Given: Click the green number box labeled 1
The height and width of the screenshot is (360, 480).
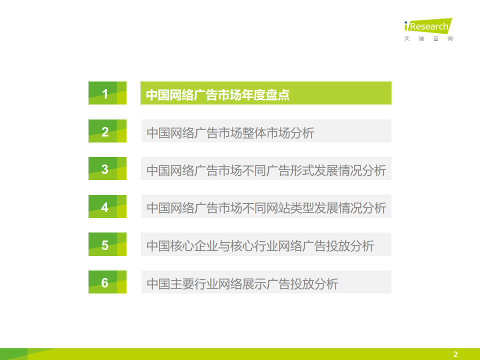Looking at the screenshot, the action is pyautogui.click(x=107, y=93).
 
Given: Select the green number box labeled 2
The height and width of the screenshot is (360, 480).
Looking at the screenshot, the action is pyautogui.click(x=107, y=131).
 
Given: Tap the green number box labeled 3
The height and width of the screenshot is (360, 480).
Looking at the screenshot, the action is pyautogui.click(x=107, y=168).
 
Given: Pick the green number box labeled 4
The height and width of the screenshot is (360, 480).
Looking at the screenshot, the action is pyautogui.click(x=107, y=206).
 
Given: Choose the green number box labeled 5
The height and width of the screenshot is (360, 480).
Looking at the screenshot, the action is pyautogui.click(x=107, y=244).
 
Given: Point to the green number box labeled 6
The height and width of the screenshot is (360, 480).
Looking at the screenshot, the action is pyautogui.click(x=107, y=282).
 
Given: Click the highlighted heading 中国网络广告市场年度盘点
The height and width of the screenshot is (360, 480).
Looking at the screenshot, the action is pyautogui.click(x=217, y=94).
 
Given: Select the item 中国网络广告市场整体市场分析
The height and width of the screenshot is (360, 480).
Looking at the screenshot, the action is pyautogui.click(x=230, y=133).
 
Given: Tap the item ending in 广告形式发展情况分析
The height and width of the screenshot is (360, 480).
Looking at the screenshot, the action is pyautogui.click(x=266, y=170).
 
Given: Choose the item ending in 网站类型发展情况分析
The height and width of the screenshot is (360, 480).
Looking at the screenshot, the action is pyautogui.click(x=266, y=208).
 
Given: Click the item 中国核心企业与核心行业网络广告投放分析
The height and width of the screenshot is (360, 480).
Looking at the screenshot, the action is pyautogui.click(x=260, y=246).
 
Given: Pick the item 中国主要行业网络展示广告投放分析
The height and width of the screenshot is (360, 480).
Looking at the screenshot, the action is pyautogui.click(x=242, y=284).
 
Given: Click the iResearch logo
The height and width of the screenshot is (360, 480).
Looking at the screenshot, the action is pyautogui.click(x=428, y=25).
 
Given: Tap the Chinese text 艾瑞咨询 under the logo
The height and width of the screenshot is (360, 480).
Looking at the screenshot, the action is pyautogui.click(x=428, y=38).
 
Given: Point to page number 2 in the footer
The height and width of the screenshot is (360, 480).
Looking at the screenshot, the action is pyautogui.click(x=455, y=354).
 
